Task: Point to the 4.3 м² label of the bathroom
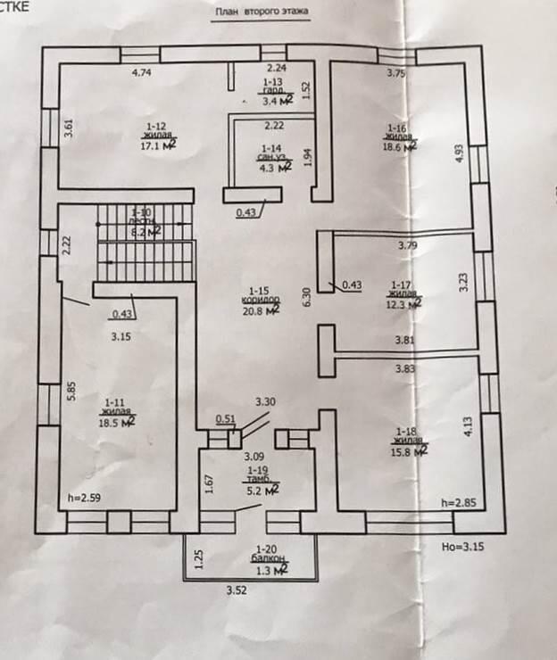[270, 166]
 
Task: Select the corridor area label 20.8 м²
[266, 308]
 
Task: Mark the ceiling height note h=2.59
[86, 499]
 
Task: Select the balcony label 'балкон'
[268, 558]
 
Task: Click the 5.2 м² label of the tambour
[261, 489]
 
